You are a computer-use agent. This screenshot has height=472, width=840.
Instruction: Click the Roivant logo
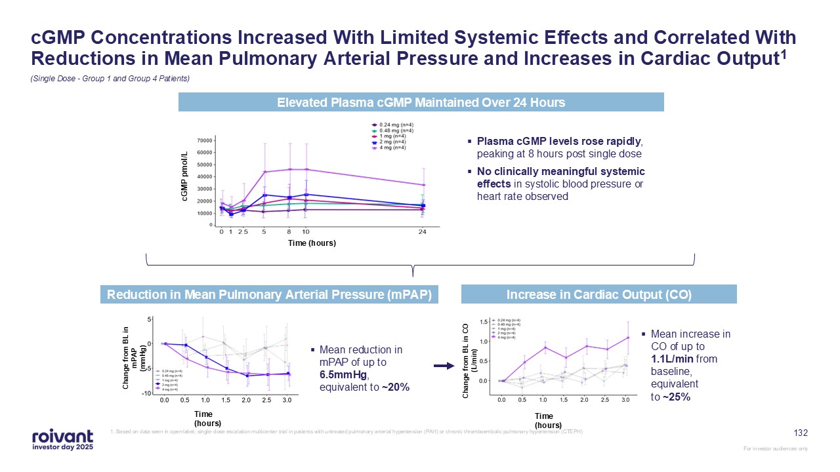tap(62, 439)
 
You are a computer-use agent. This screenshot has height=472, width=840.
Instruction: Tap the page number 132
tap(801, 433)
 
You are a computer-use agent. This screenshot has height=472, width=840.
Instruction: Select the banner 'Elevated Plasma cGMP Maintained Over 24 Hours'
tap(421, 102)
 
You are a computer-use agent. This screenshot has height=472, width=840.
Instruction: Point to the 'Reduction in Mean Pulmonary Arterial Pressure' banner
tap(269, 295)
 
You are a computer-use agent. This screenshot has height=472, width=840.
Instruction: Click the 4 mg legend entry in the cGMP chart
tap(391, 147)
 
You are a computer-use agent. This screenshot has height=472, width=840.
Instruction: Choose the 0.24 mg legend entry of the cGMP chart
tap(394, 125)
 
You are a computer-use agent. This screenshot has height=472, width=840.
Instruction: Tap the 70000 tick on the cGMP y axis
tap(204, 140)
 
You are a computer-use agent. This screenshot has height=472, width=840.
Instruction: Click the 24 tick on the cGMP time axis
tap(423, 232)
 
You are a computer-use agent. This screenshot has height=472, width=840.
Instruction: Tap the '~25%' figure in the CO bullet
tap(675, 396)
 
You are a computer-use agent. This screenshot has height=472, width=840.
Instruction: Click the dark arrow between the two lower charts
tap(445, 366)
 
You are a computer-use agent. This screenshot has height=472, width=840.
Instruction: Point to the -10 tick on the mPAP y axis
tap(148, 393)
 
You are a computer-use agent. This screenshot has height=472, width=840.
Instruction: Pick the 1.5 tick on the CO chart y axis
tap(484, 322)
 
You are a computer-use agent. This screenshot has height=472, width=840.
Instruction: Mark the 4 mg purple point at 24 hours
tap(423, 184)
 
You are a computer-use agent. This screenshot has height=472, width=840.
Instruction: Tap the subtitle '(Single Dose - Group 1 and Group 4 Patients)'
tap(110, 79)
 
